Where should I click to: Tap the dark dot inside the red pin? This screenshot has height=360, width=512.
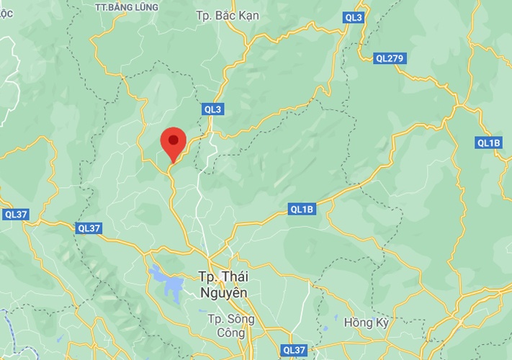click(x=173, y=138)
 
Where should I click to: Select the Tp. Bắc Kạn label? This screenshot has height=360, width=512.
click(x=228, y=15)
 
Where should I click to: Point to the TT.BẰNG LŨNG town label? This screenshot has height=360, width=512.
click(x=126, y=7)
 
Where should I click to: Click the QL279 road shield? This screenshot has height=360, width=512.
click(x=390, y=58)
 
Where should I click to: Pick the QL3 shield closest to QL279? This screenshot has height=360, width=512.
click(x=354, y=17)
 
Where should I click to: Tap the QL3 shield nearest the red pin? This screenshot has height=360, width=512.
click(x=213, y=109)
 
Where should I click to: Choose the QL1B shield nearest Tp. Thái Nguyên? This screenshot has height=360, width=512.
click(x=302, y=210)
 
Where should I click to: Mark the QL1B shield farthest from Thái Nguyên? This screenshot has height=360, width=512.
click(x=488, y=143)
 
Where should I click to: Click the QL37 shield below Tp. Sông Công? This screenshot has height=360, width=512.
click(x=295, y=350)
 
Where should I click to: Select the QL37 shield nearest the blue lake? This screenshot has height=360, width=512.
click(x=89, y=228)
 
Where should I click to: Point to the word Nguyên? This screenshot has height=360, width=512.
click(x=223, y=293)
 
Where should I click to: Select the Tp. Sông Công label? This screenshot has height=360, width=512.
click(x=227, y=325)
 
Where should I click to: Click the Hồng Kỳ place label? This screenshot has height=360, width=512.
click(x=367, y=323)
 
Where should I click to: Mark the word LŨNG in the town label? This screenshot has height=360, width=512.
click(x=143, y=7)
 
